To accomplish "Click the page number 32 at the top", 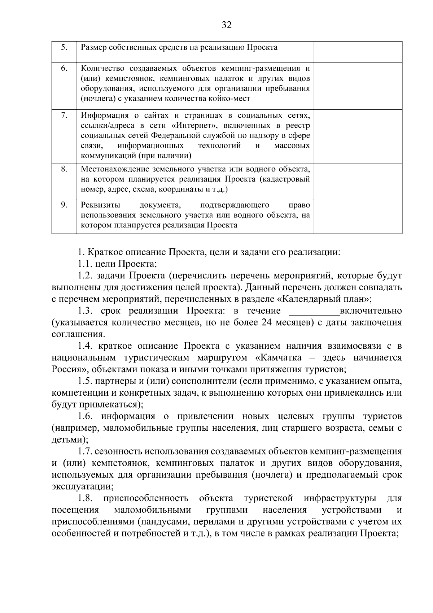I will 227,25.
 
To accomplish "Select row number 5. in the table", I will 64,47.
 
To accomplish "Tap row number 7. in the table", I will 64,115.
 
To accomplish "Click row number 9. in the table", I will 64,205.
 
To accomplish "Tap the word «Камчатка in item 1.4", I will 276,358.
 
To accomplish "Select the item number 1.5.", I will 85,381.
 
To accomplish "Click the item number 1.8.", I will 85,499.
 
